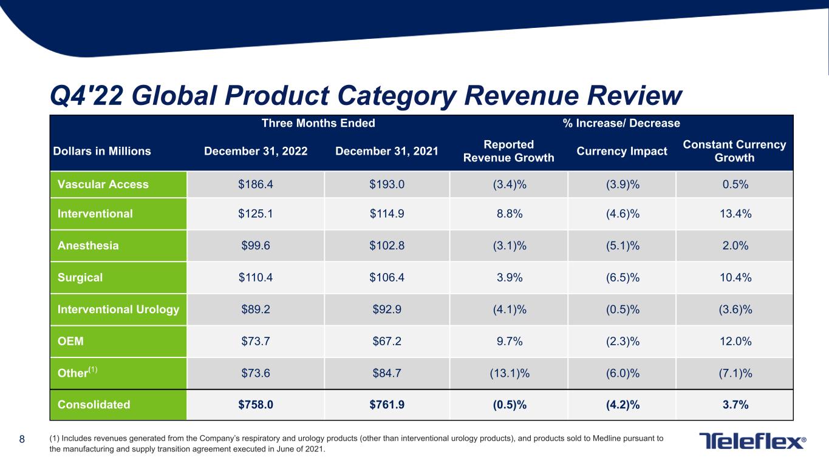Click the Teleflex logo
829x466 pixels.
click(752, 441)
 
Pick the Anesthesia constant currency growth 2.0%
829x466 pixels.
click(734, 246)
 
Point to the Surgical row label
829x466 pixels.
click(80, 278)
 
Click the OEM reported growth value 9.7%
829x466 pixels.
click(508, 342)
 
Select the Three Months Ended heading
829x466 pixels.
click(318, 123)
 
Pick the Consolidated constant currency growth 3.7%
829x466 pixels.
click(734, 405)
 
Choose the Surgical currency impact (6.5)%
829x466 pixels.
click(621, 278)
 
